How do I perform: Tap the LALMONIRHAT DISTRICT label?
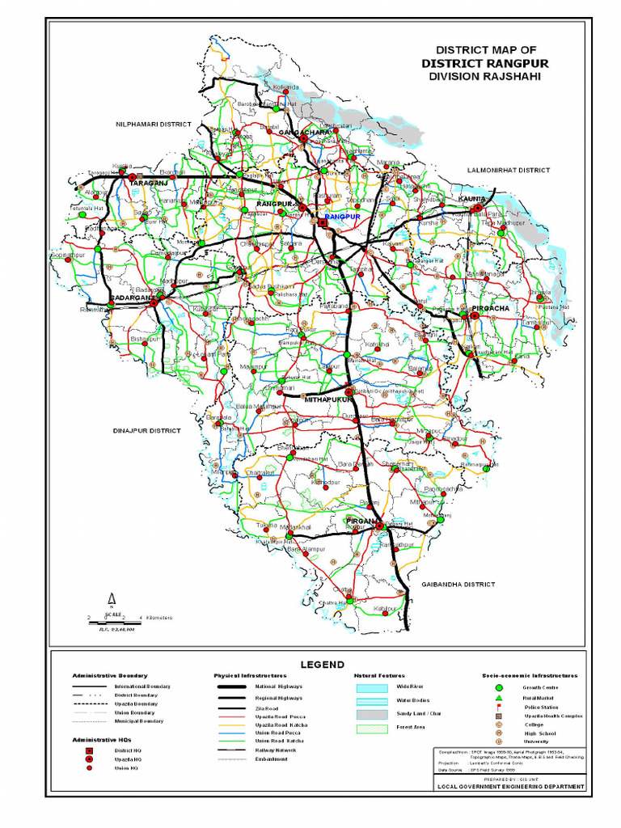508,171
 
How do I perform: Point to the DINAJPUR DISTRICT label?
146,431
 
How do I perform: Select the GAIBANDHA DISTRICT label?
458,583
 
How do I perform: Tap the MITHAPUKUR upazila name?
329,399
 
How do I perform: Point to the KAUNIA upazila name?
471,198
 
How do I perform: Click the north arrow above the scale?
112,598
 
